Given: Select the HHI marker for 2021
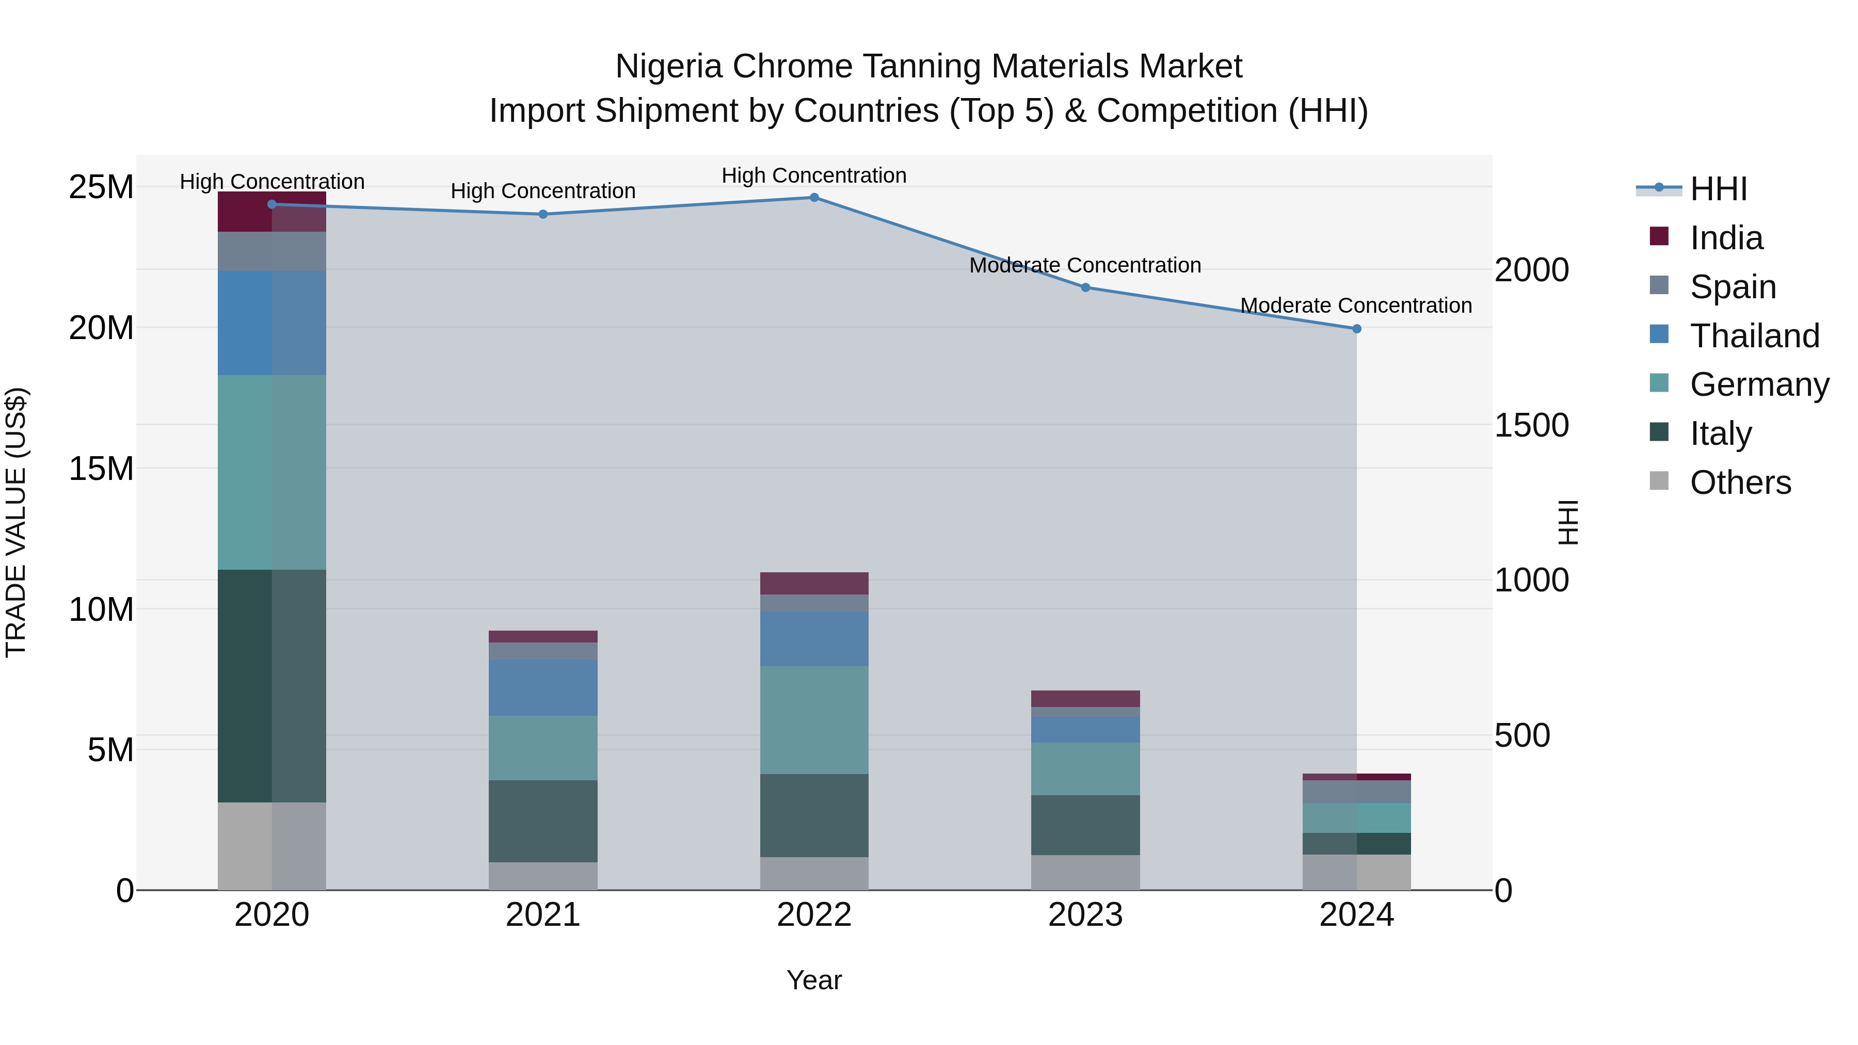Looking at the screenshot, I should click(543, 214).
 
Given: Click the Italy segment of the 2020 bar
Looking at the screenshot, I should click(272, 685).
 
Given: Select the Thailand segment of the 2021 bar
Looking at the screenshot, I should click(543, 687).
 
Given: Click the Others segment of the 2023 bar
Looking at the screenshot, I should click(1085, 872).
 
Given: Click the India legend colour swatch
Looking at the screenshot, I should click(1659, 236).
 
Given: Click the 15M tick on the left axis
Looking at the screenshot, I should click(101, 469).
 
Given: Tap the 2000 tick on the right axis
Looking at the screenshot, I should click(1531, 270).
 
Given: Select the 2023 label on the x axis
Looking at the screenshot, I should click(1085, 915).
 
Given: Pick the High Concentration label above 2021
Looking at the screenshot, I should click(543, 191).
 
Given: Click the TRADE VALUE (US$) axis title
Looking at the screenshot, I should click(16, 522).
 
